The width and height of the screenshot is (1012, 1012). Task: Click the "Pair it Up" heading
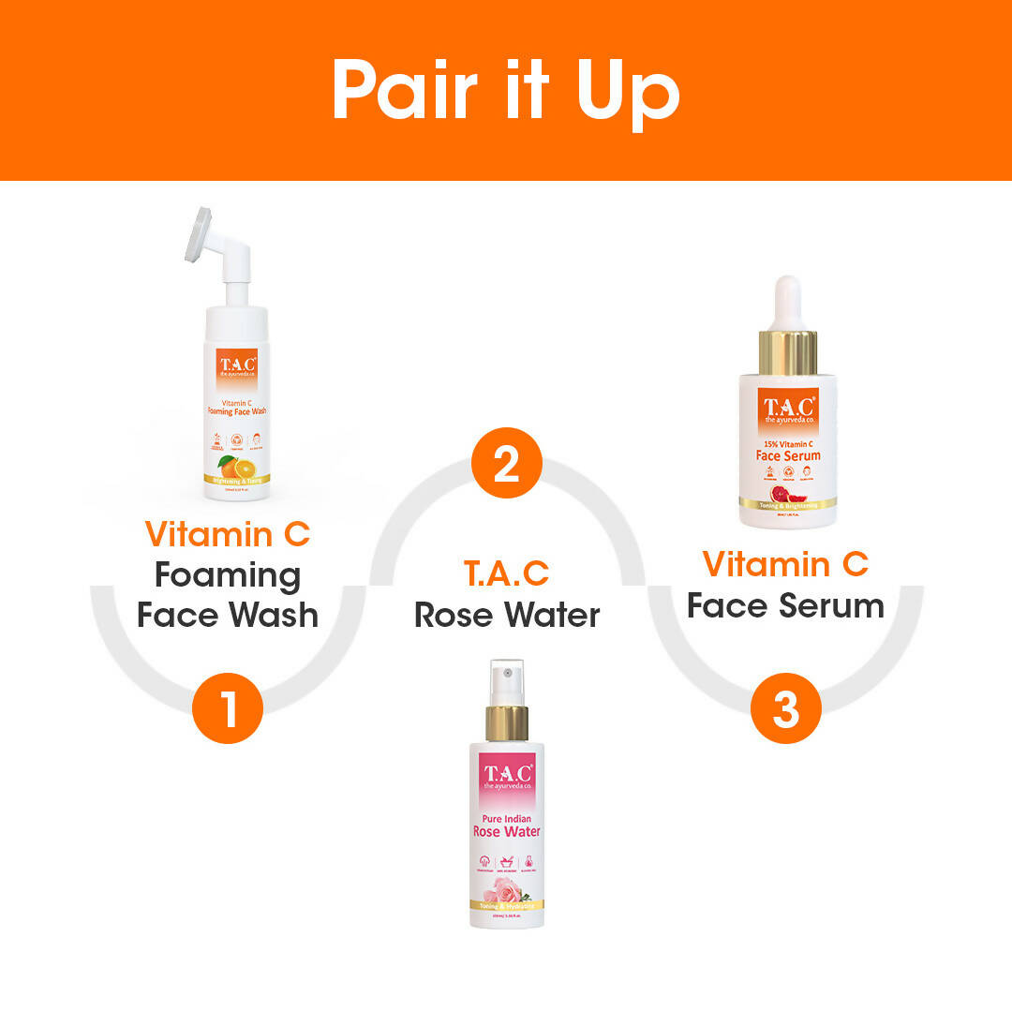pyautogui.click(x=505, y=91)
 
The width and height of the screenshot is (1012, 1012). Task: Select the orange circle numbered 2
pyautogui.click(x=506, y=463)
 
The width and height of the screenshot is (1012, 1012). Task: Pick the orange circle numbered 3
pyautogui.click(x=786, y=709)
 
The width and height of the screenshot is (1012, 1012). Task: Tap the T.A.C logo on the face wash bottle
pyautogui.click(x=237, y=365)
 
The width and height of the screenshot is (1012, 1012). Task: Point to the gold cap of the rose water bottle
pyautogui.click(x=507, y=723)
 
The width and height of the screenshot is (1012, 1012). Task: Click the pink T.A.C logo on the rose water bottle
pyautogui.click(x=507, y=776)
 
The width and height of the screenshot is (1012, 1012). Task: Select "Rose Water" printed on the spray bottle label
pyautogui.click(x=507, y=832)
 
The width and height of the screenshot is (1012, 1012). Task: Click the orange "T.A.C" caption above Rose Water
pyautogui.click(x=506, y=573)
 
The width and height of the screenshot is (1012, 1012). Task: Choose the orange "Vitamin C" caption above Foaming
pyautogui.click(x=228, y=534)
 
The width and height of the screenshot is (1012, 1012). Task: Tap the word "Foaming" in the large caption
pyautogui.click(x=228, y=574)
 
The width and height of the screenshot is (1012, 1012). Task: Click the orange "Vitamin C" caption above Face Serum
pyautogui.click(x=785, y=564)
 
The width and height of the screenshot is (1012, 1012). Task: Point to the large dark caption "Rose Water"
pyautogui.click(x=507, y=615)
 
